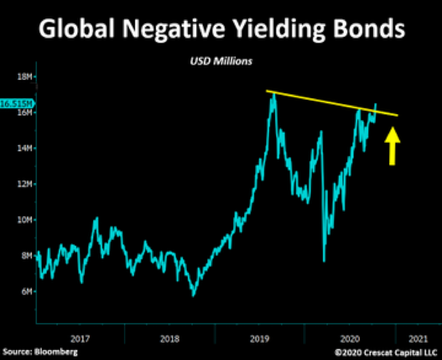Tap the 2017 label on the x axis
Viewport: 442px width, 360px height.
click(x=80, y=338)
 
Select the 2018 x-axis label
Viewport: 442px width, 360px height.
click(x=169, y=338)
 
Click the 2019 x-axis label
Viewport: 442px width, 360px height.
click(x=260, y=338)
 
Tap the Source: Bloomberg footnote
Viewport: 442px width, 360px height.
click(x=39, y=352)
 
